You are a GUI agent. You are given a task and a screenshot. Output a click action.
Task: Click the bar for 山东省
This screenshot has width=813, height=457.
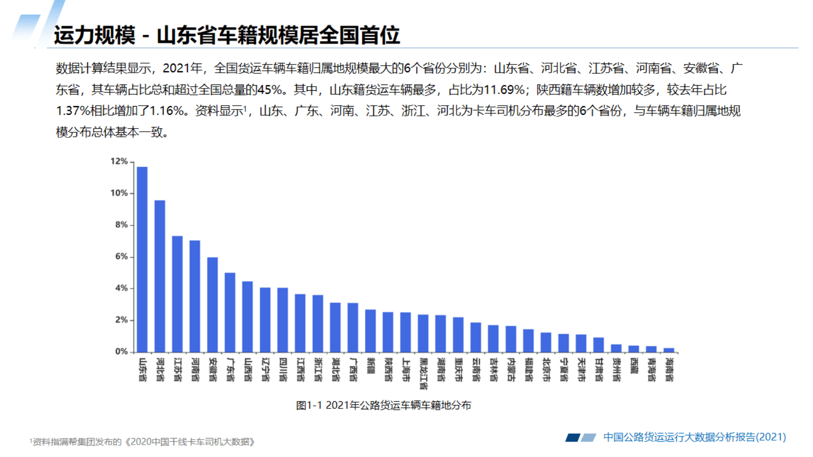(x=142, y=259)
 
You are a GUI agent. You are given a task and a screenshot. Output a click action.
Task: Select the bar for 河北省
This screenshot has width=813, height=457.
(x=160, y=276)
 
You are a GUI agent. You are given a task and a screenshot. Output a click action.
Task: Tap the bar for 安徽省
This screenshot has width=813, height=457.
(x=212, y=304)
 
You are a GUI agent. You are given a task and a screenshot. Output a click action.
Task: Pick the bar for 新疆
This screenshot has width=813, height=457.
(x=370, y=330)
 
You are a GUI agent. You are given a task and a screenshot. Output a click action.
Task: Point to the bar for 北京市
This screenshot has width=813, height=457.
(x=546, y=342)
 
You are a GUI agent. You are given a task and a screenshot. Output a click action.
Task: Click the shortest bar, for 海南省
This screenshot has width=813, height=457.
(x=669, y=350)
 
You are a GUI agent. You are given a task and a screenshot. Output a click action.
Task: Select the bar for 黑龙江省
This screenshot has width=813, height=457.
(x=423, y=333)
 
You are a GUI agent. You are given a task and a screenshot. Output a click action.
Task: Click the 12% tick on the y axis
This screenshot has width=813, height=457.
(x=119, y=161)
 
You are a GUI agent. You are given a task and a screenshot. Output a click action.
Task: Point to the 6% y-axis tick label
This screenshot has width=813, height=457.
(x=121, y=256)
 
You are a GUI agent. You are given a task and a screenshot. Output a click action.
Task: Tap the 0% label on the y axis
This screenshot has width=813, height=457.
(x=121, y=351)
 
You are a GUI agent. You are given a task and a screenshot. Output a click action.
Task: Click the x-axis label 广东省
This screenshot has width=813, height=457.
(x=230, y=369)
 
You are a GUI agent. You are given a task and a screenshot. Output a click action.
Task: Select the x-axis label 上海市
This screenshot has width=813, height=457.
(x=406, y=369)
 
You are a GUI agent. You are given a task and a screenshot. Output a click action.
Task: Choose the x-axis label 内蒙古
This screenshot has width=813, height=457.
(x=511, y=369)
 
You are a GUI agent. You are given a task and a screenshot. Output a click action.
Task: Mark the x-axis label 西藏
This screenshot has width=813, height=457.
(x=634, y=366)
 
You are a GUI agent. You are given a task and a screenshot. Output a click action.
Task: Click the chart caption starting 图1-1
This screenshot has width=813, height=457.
(x=383, y=405)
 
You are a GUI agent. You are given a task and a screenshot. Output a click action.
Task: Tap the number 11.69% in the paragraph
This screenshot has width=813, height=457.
(x=504, y=90)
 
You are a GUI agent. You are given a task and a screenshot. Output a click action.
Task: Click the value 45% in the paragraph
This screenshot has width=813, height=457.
(x=269, y=90)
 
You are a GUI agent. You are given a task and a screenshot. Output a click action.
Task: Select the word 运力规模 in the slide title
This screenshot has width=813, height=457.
(x=95, y=35)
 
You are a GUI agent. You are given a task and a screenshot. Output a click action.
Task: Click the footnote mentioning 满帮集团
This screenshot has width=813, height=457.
(x=143, y=442)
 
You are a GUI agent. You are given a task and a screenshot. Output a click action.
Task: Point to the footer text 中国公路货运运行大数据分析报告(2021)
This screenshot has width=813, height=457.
(x=694, y=437)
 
